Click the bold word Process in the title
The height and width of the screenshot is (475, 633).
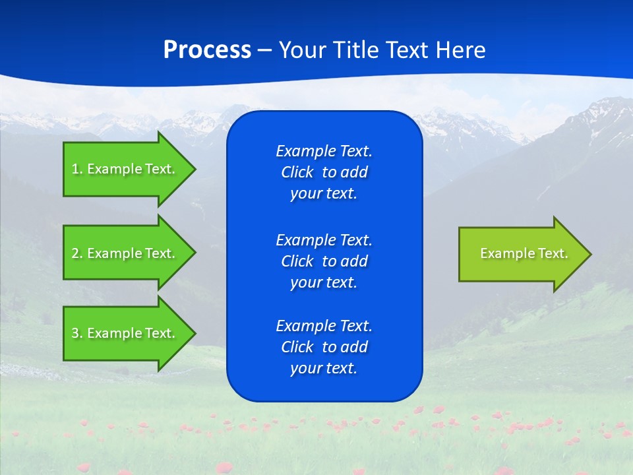(207, 50)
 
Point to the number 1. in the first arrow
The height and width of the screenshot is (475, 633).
(77, 169)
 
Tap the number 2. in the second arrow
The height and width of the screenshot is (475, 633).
(77, 253)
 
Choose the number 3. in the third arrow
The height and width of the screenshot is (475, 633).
(77, 333)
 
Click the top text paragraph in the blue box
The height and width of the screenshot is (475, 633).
(324, 172)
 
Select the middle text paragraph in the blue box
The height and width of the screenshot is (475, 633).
(324, 261)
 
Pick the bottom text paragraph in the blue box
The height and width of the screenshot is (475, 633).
(324, 347)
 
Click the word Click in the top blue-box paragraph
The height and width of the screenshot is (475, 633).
(297, 173)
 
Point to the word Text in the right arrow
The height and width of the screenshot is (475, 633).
(553, 253)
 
